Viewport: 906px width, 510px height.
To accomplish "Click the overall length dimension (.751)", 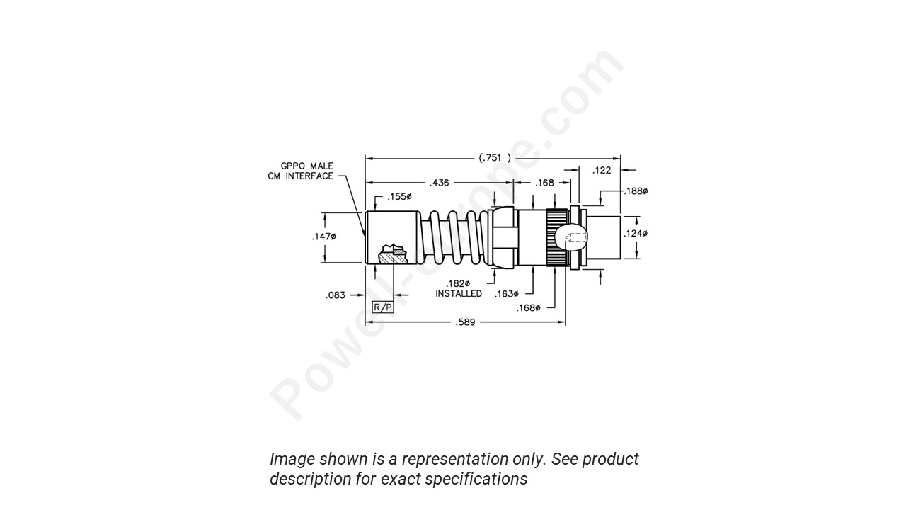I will coord(494,157).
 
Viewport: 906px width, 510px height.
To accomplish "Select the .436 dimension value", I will coord(439,183).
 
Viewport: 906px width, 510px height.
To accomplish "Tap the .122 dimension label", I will coord(602,170).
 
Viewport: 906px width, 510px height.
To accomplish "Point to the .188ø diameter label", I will coord(636,191).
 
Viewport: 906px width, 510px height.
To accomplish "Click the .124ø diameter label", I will coord(635,234).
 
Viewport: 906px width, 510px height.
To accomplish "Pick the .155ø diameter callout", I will coord(399,197).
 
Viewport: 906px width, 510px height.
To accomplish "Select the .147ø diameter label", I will coord(323,237).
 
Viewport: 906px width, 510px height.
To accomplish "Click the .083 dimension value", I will coord(336,295).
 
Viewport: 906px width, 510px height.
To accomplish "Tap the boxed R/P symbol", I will coord(382,307).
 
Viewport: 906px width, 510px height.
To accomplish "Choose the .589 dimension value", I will coord(465,322).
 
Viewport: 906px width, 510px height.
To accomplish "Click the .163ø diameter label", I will coord(506,294).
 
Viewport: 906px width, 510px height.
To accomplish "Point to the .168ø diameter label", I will coord(528,308).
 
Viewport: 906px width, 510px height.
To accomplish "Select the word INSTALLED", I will coord(459,294).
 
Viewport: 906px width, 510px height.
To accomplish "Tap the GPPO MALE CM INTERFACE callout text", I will coord(301,171).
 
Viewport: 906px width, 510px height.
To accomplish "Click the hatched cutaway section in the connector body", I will coord(394,254).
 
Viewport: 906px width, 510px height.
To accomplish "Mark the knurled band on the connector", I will coord(557,237).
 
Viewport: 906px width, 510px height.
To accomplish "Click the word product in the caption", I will coord(610,459).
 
